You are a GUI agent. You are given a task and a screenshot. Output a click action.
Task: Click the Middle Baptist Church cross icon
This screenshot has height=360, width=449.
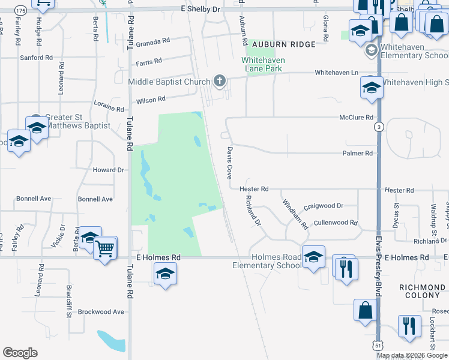(x=220, y=81)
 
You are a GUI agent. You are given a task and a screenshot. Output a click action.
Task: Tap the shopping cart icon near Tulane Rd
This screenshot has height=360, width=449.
(x=105, y=247)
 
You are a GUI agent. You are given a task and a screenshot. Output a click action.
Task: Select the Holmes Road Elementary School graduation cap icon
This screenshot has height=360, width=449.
(x=313, y=257)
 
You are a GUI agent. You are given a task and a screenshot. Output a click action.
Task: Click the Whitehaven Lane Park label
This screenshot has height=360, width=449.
(x=263, y=64)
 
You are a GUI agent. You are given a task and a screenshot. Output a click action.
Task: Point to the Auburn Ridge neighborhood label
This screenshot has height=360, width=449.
(x=283, y=45)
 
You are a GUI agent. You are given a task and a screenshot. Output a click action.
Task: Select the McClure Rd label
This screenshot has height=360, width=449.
(x=356, y=118)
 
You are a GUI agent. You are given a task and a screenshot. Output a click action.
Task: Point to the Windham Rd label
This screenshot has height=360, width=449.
(x=295, y=215)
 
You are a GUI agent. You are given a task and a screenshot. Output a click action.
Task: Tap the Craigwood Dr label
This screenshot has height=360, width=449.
(x=323, y=206)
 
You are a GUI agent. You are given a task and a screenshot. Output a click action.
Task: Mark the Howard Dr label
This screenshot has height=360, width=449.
(x=108, y=170)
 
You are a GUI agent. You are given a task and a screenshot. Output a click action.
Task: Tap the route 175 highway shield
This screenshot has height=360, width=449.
(x=20, y=10)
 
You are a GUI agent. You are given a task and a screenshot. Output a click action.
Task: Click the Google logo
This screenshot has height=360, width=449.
(x=20, y=353)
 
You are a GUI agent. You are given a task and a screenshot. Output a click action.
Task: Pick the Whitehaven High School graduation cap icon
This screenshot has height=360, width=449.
(x=372, y=89)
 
